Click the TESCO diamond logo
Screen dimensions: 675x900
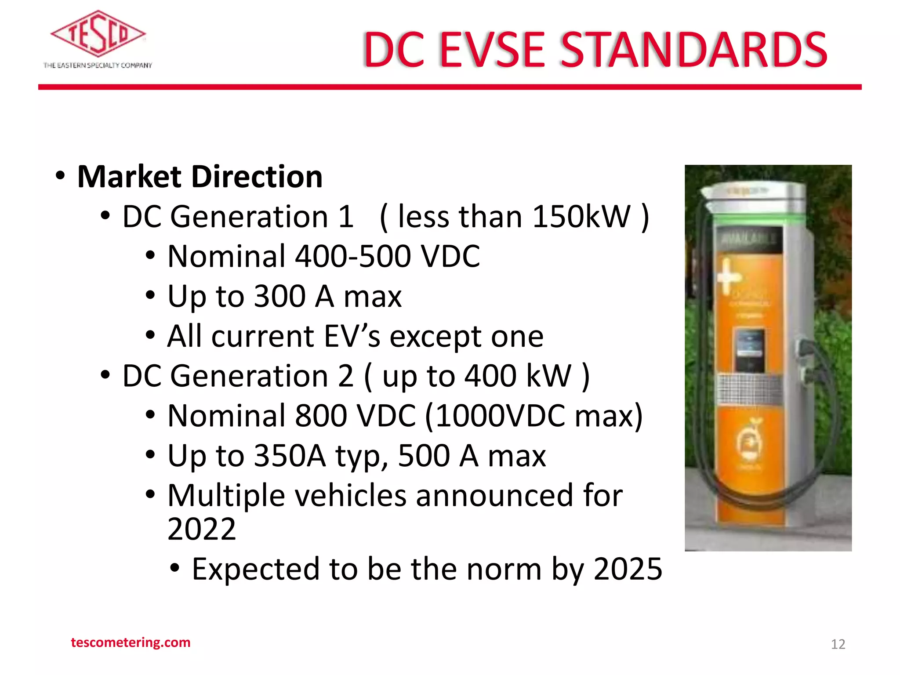[x=98, y=34]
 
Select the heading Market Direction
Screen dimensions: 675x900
[x=200, y=177]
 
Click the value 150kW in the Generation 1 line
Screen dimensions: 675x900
[x=581, y=217]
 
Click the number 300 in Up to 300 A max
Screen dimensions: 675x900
[x=280, y=296]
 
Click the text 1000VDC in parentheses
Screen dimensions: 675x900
[x=501, y=416]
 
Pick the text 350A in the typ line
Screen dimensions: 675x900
[x=290, y=456]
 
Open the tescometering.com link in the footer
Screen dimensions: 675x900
[x=131, y=642]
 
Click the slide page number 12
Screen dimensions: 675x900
[x=838, y=644]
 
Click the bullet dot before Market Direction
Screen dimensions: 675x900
[x=60, y=176]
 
